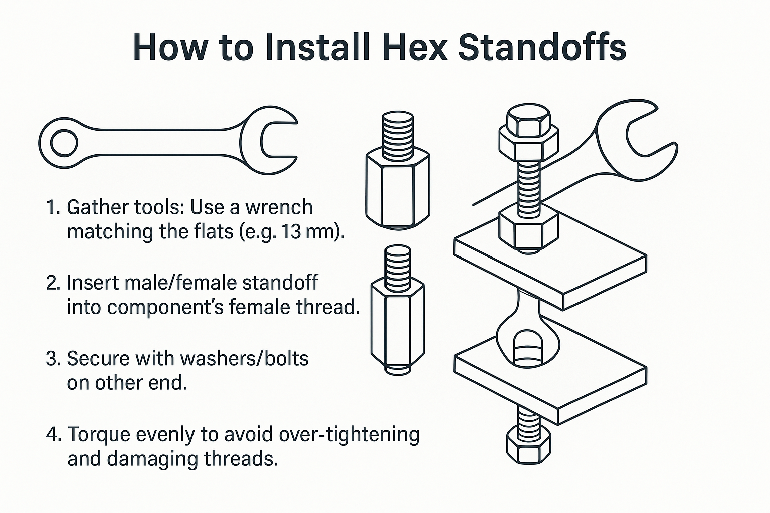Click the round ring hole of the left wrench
click(64, 143)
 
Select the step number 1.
click(52, 207)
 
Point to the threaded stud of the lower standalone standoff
click(398, 263)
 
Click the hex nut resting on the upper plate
click(529, 228)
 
